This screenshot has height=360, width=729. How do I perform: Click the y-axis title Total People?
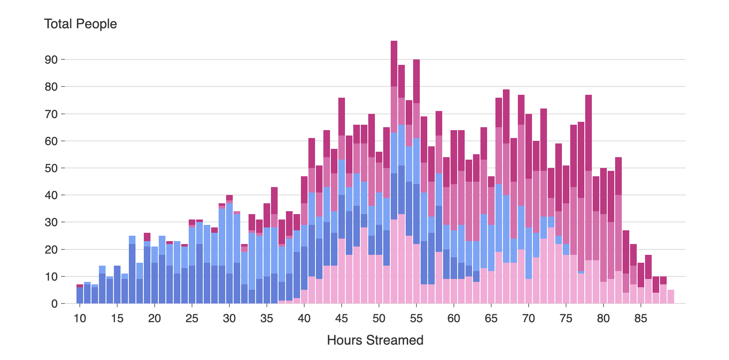pos(80,24)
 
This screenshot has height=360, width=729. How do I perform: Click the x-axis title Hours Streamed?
pos(375,340)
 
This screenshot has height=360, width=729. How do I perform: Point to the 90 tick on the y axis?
pos(52,60)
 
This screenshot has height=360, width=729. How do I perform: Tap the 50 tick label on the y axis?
pos(52,168)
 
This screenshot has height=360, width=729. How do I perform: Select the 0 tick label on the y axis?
pos(54,304)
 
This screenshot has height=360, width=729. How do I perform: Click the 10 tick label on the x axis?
pos(80,319)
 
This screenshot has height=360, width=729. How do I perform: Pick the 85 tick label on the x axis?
pos(640,319)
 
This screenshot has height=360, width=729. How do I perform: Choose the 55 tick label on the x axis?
pos(416,319)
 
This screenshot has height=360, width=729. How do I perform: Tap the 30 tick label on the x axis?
pos(229,319)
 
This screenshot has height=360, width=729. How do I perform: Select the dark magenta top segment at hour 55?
pos(416,81)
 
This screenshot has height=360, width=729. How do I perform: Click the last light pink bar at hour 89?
pos(670,297)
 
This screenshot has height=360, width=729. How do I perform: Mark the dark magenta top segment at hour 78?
pos(589,133)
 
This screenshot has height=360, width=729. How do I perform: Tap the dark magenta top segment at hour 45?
pos(342,116)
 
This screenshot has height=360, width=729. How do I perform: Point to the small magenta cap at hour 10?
pos(80,286)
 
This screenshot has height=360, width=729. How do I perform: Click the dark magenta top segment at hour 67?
pos(506,116)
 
